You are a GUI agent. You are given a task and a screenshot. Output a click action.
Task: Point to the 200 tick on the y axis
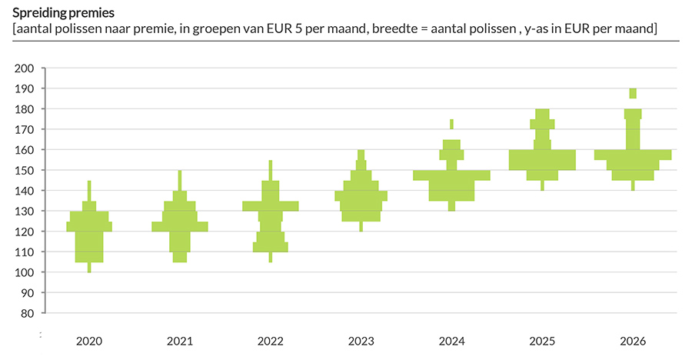pyautogui.click(x=25, y=68)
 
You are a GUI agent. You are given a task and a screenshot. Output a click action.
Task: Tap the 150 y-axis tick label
pyautogui.click(x=25, y=170)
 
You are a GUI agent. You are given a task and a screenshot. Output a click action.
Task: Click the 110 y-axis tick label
pyautogui.click(x=25, y=252)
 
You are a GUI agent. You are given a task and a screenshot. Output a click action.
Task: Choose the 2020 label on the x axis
pyautogui.click(x=89, y=341)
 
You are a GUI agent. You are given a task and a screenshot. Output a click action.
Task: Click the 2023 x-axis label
pyautogui.click(x=361, y=341)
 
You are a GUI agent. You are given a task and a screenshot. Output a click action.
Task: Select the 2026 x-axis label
pyautogui.click(x=633, y=341)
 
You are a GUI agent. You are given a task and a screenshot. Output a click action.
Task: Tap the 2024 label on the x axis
pyautogui.click(x=451, y=341)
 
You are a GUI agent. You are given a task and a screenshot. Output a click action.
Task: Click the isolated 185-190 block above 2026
pyautogui.click(x=633, y=93)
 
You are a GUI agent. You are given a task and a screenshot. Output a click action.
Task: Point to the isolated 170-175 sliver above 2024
pyautogui.click(x=451, y=124)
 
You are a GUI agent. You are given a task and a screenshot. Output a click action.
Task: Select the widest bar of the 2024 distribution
pyautogui.click(x=451, y=175)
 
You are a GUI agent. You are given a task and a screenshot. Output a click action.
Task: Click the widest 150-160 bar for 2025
pyautogui.click(x=542, y=159)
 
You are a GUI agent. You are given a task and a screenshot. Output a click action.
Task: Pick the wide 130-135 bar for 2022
pyautogui.click(x=270, y=205)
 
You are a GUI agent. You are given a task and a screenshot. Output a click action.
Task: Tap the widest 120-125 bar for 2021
pyautogui.click(x=180, y=226)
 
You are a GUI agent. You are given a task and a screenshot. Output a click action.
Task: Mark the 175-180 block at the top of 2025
pyautogui.click(x=542, y=114)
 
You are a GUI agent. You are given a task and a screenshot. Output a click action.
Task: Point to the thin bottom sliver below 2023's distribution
pyautogui.click(x=361, y=226)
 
